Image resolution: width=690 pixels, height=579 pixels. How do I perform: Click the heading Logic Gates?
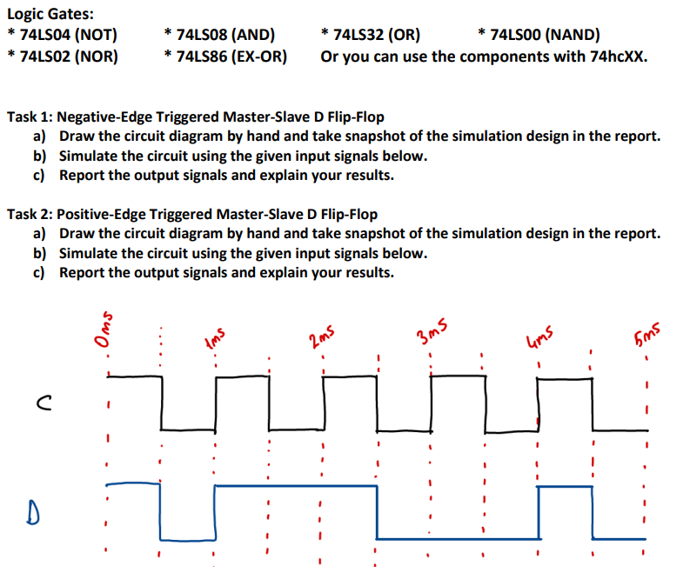pos(50,13)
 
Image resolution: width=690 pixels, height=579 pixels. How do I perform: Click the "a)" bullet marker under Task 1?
pos(39,136)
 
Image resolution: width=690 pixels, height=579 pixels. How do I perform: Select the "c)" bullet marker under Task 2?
pos(39,272)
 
